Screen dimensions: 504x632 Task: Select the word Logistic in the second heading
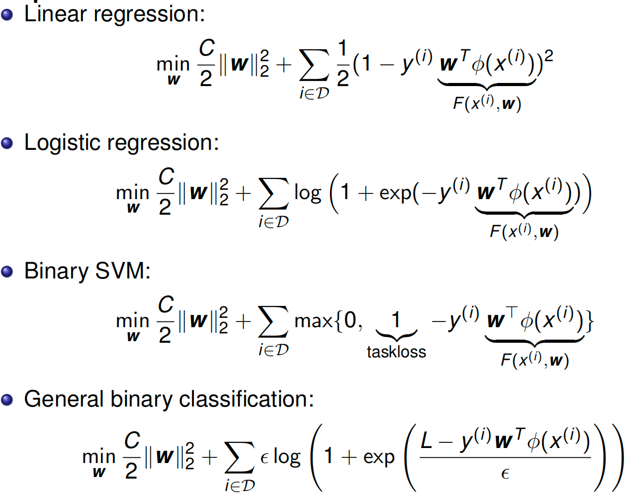click(63, 143)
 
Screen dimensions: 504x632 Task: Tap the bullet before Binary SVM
click(8, 272)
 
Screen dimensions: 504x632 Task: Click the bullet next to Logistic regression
click(8, 143)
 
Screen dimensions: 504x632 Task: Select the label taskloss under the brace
click(396, 352)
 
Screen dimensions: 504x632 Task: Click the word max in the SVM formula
click(313, 321)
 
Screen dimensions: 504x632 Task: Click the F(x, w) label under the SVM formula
click(534, 360)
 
